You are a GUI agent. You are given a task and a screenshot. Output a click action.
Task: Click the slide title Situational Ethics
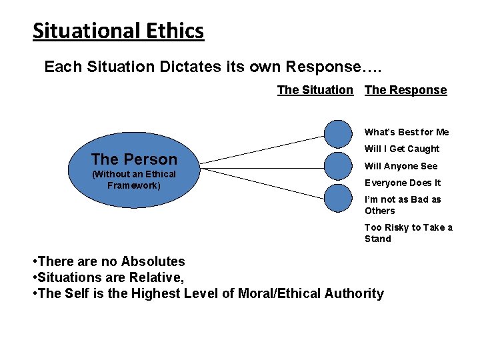[118, 31]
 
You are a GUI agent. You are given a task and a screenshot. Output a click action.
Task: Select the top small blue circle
[338, 133]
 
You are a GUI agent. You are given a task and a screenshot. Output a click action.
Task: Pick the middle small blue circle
[338, 166]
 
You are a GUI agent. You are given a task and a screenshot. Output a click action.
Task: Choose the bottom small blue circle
[338, 198]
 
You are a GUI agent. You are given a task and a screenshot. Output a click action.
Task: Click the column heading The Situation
[315, 90]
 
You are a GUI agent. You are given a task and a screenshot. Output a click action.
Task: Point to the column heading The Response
[405, 90]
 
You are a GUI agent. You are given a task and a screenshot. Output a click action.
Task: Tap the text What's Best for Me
[407, 132]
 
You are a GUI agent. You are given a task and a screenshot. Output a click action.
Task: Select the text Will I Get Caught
[402, 149]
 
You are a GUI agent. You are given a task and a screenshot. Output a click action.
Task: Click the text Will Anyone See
[401, 166]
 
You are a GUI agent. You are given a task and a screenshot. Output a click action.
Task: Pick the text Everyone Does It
[403, 183]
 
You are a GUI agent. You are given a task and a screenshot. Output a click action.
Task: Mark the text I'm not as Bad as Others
[402, 205]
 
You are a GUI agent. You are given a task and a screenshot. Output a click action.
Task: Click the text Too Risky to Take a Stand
[408, 233]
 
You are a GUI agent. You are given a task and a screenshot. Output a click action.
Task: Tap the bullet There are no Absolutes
[109, 261]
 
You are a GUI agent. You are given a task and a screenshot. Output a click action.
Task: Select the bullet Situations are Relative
[108, 277]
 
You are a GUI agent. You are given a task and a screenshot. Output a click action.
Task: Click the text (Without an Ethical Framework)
[134, 179]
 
